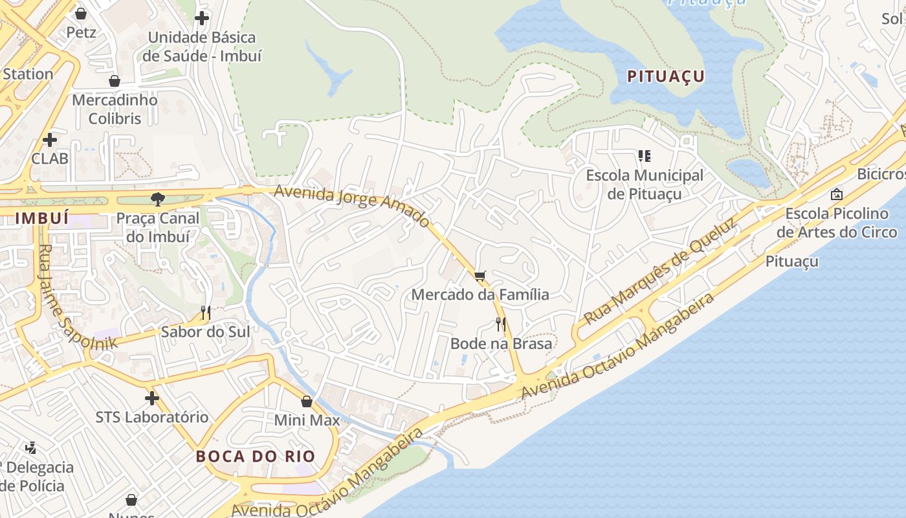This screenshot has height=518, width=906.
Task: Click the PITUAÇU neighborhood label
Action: click(666, 76)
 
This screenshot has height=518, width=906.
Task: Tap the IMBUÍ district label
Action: click(42, 218)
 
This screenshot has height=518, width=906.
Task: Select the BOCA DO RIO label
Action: click(256, 456)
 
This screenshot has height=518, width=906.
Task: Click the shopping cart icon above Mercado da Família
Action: click(480, 276)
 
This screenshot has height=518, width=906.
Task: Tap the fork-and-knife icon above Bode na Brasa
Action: click(500, 324)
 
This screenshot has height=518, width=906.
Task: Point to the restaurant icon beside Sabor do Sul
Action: click(206, 313)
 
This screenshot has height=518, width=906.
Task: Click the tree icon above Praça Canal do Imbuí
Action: click(157, 199)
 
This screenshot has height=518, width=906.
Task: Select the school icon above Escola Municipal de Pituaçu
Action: click(644, 155)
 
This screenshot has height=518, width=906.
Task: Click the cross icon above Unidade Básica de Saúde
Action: click(202, 18)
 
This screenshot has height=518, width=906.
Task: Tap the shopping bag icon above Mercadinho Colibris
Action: click(115, 81)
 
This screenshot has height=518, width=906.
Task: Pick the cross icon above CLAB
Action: click(50, 139)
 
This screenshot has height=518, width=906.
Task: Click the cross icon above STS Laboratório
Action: click(152, 398)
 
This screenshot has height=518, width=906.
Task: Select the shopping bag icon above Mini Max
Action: click(307, 401)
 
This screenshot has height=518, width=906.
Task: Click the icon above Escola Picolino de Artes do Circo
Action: click(837, 194)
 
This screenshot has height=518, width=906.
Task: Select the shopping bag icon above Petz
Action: click(81, 13)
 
